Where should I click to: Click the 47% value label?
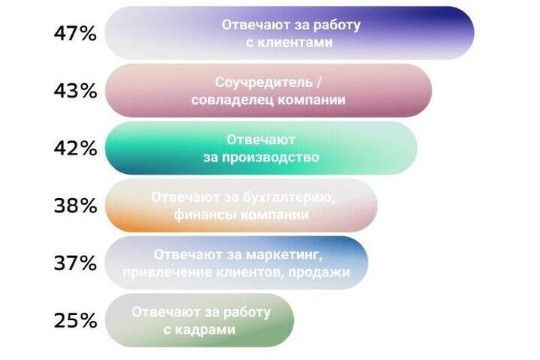(x=75, y=34)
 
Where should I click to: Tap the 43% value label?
(x=75, y=91)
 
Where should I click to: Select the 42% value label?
(x=75, y=148)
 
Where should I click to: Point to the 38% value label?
(x=75, y=205)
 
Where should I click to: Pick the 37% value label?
(x=75, y=263)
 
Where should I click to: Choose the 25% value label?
(x=75, y=321)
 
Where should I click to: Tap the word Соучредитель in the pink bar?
(x=264, y=82)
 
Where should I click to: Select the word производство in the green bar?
(x=270, y=157)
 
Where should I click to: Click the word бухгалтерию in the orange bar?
(x=289, y=198)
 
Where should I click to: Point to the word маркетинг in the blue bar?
(x=284, y=255)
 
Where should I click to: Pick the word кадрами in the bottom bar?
(x=205, y=330)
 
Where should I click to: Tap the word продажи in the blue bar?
(x=319, y=272)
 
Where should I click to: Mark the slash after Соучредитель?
(x=319, y=82)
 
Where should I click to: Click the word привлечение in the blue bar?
(x=167, y=272)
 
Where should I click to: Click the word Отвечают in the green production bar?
(x=261, y=139)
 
